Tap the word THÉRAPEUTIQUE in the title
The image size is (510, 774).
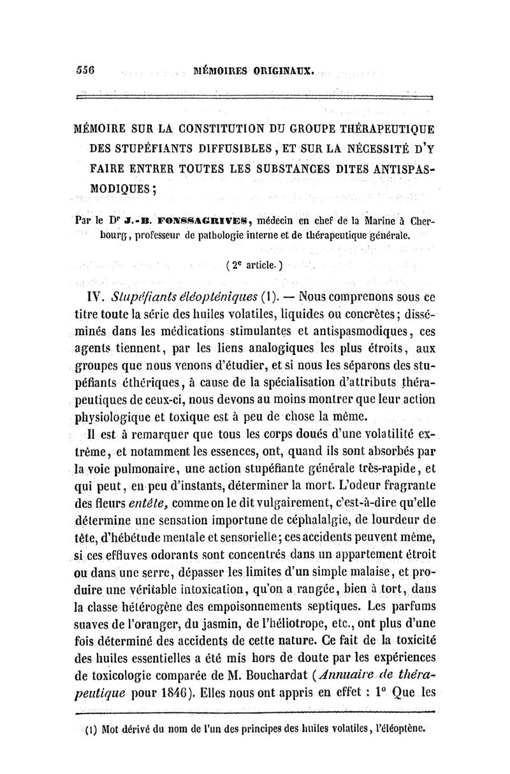388,129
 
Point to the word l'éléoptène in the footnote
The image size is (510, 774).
397,726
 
